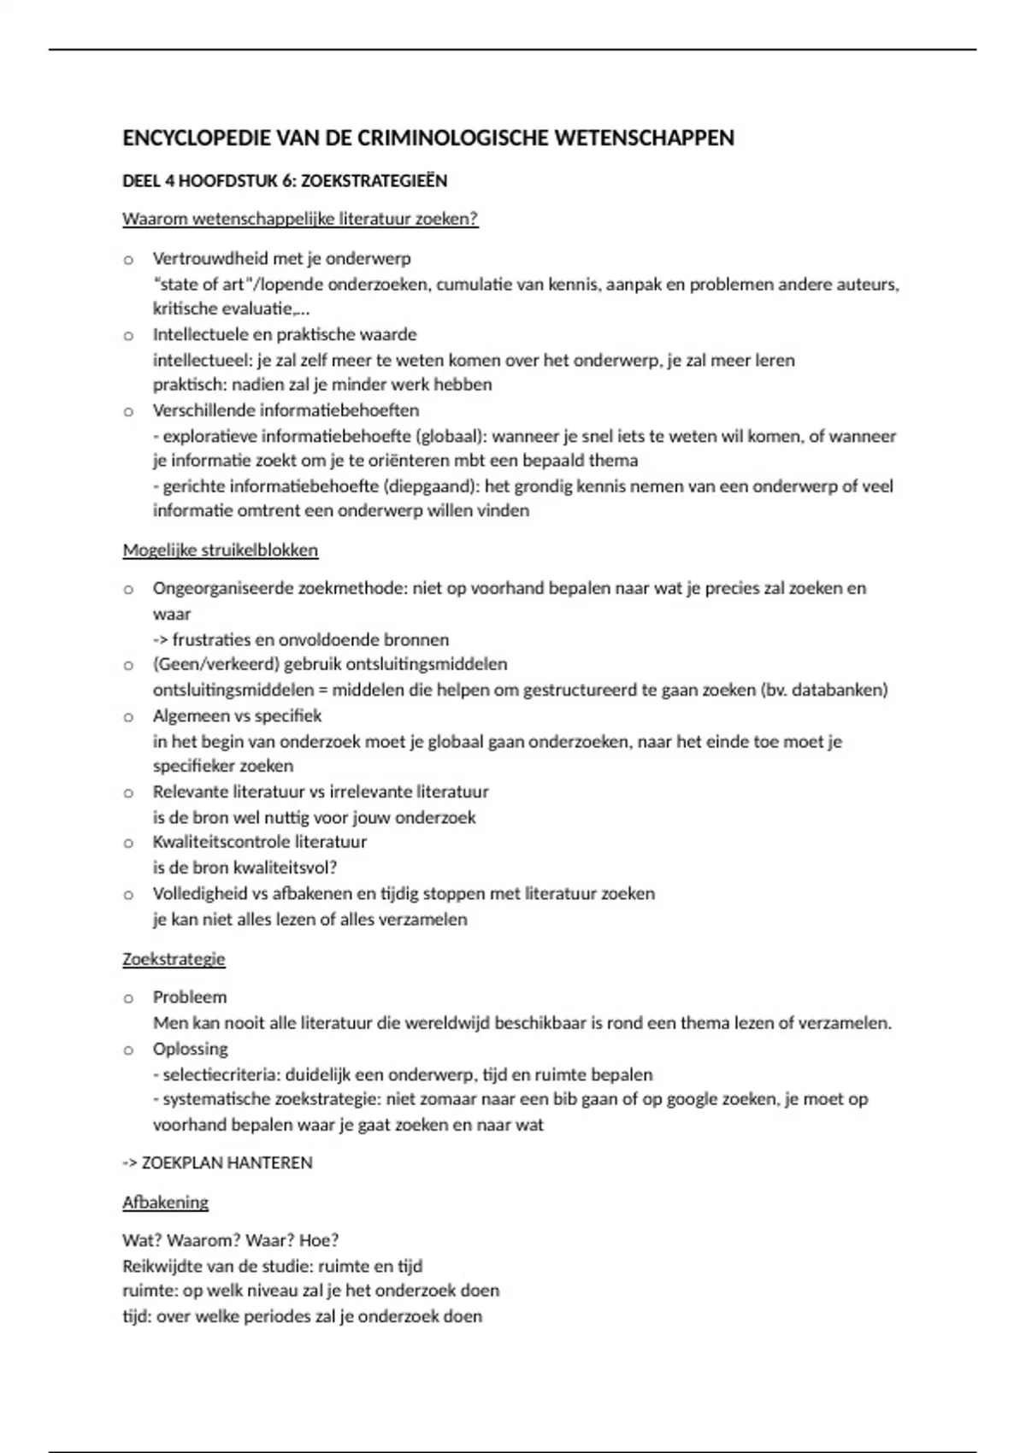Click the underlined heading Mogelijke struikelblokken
[x=220, y=550]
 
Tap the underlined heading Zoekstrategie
[x=174, y=959]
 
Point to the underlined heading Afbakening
[x=165, y=1203]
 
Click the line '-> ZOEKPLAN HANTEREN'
[x=217, y=1162]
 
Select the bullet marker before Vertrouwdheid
[x=128, y=259]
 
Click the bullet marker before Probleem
[x=128, y=997]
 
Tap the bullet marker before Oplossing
[x=128, y=1050]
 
